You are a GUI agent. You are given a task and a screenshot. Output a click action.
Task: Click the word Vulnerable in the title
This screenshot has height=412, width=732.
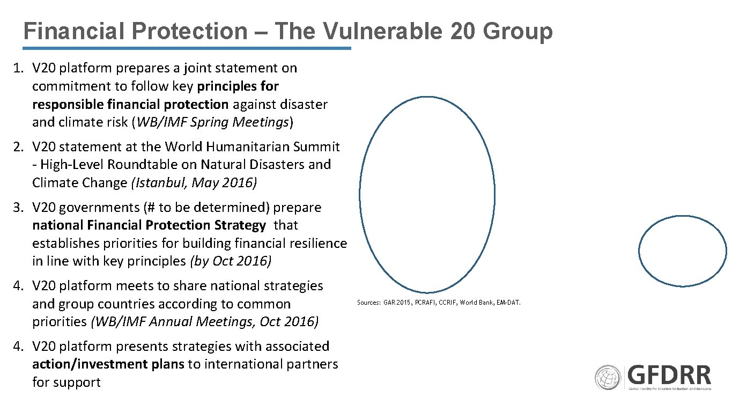pos(382,31)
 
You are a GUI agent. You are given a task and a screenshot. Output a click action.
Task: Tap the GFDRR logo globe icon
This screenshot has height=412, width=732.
pos(608,378)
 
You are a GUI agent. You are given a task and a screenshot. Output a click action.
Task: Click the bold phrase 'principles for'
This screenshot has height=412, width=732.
pos(238,86)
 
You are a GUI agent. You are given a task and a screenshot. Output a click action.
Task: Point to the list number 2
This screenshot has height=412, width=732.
pos(18,146)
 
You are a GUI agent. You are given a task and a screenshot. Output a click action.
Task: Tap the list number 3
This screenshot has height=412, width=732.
pos(18,207)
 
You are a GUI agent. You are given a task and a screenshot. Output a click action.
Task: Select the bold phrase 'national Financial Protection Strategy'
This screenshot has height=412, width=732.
pos(149,225)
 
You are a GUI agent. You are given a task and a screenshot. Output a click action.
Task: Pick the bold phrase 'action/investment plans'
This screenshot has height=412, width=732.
pos(108,364)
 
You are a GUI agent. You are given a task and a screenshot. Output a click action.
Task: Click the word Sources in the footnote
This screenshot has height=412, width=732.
pos(368,303)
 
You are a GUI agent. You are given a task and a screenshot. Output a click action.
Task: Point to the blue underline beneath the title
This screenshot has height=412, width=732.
pos(187,48)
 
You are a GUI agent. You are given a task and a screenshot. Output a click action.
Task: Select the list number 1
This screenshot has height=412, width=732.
pos(18,68)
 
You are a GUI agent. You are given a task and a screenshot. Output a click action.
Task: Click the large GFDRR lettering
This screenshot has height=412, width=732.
pos(669,374)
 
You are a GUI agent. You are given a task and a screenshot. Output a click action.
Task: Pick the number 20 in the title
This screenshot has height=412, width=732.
pos(463,31)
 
